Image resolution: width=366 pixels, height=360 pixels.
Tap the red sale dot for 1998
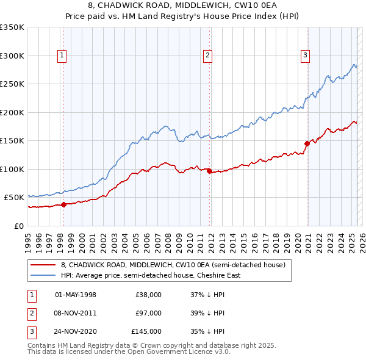[x=63, y=204]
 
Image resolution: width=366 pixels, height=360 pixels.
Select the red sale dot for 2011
[x=209, y=171]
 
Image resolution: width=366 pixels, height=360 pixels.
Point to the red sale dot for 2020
[x=307, y=144]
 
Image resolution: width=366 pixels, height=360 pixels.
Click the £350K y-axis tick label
[x=12, y=27]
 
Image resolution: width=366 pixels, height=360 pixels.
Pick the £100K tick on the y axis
[x=12, y=169]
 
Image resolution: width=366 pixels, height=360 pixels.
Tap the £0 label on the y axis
[x=19, y=226]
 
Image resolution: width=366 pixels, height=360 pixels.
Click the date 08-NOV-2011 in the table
[x=76, y=313]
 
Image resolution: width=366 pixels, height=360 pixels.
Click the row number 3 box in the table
[x=30, y=332]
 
